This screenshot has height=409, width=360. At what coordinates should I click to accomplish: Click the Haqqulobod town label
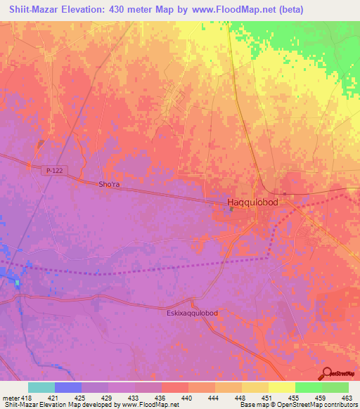252,202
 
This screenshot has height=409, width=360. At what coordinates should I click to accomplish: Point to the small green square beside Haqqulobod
231,209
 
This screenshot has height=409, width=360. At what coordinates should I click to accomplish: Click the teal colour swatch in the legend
41,387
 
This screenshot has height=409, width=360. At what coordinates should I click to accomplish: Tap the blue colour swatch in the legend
68,387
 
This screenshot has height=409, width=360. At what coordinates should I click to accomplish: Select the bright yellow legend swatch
281,387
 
